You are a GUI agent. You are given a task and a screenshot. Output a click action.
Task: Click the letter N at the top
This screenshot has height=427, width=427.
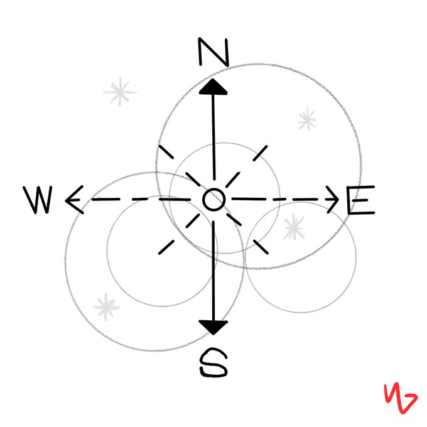[213, 52]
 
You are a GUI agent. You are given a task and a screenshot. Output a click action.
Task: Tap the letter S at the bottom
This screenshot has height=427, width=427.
[213, 362]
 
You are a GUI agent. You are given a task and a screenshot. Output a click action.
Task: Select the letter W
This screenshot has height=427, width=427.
[40, 200]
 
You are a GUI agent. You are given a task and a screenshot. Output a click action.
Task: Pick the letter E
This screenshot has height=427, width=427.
[360, 202]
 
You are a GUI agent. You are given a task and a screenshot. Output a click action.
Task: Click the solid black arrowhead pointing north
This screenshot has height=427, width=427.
[213, 87]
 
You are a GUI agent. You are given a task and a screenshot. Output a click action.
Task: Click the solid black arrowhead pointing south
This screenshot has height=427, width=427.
[213, 326]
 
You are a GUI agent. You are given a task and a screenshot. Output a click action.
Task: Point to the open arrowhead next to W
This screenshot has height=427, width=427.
[73, 200]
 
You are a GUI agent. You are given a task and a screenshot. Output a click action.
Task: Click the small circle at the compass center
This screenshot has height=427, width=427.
[213, 200]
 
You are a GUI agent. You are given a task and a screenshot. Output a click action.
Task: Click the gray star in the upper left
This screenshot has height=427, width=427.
[119, 93]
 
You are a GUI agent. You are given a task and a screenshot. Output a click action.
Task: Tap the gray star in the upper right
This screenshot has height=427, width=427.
[306, 119]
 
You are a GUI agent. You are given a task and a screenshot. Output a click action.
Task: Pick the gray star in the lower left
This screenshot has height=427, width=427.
[106, 307]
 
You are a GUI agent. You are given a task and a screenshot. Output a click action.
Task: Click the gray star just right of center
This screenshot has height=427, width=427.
[293, 227]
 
